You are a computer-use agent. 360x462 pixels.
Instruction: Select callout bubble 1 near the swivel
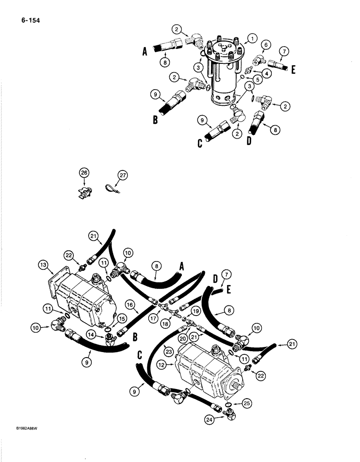(252, 38)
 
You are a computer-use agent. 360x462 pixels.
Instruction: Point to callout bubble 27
(121, 175)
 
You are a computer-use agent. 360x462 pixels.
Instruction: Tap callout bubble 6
(266, 44)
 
